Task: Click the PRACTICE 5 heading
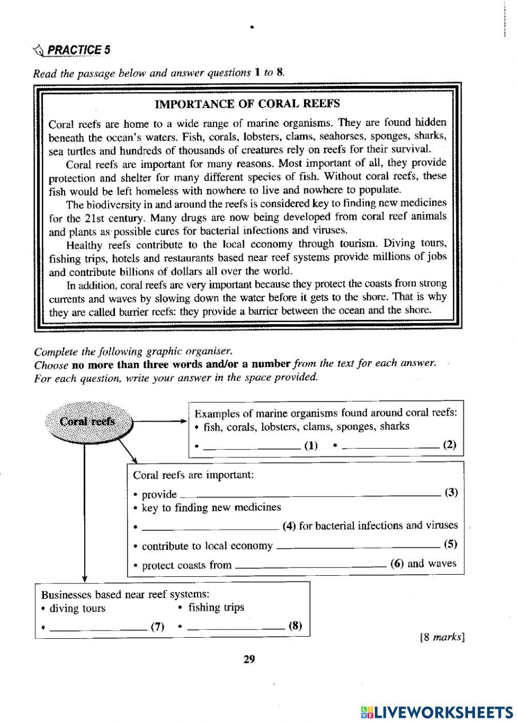pyautogui.click(x=78, y=50)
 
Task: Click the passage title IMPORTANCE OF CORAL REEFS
pyautogui.click(x=247, y=104)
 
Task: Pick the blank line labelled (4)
pyautogui.click(x=210, y=528)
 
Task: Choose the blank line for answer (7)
pyautogui.click(x=98, y=628)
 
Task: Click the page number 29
pyautogui.click(x=249, y=659)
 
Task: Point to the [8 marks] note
pyautogui.click(x=442, y=637)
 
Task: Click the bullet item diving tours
pyautogui.click(x=77, y=608)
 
